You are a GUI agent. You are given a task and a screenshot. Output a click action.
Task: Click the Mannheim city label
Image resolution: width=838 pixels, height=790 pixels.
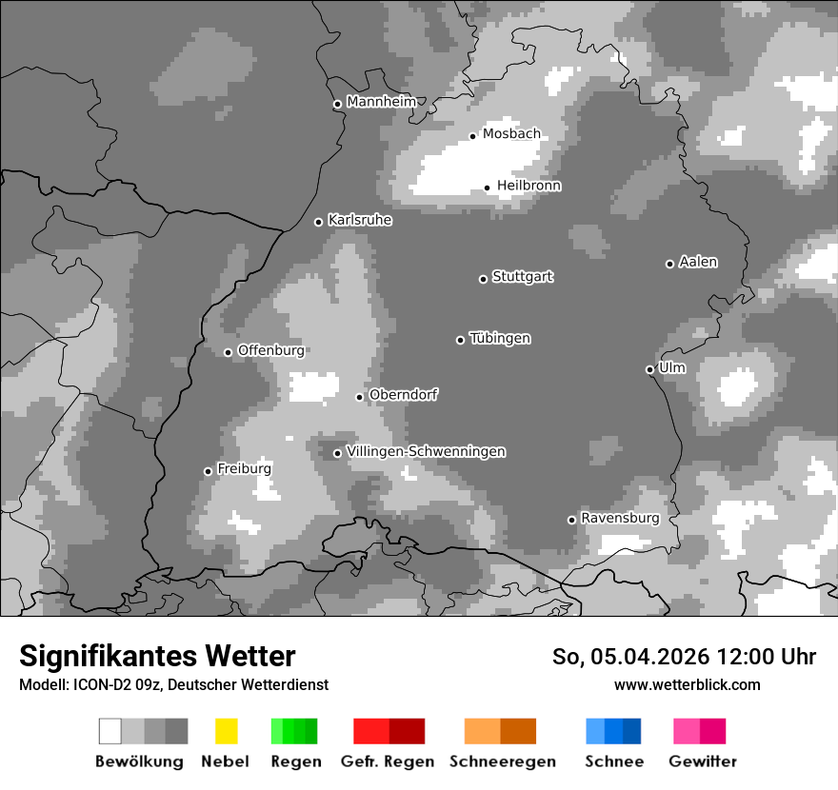tap(381, 102)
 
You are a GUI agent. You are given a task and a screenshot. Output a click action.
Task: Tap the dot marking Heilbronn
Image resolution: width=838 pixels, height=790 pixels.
tap(487, 188)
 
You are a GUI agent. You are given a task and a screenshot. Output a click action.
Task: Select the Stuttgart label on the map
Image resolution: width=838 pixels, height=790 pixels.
tap(523, 277)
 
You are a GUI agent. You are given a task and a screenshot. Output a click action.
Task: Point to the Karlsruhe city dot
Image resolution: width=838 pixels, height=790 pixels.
tap(319, 223)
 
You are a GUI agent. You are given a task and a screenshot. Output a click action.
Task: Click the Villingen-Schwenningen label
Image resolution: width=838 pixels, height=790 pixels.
tap(426, 451)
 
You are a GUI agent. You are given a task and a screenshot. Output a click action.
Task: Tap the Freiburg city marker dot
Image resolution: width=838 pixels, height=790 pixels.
tap(208, 471)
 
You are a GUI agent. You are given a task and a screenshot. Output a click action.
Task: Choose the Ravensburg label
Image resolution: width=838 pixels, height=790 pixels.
tap(620, 518)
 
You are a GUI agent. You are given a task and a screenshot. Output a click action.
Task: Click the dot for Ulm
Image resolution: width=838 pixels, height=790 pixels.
tap(649, 370)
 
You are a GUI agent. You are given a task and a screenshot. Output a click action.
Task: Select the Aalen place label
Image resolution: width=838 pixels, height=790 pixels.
tap(698, 262)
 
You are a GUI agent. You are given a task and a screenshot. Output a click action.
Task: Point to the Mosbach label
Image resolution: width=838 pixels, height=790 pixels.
tap(511, 134)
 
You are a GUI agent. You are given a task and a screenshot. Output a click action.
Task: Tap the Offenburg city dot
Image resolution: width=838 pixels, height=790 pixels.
tap(228, 352)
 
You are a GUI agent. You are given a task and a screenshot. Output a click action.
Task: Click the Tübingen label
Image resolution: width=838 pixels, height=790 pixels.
tap(500, 338)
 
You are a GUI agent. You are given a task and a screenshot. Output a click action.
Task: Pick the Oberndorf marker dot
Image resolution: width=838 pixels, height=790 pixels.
tap(359, 397)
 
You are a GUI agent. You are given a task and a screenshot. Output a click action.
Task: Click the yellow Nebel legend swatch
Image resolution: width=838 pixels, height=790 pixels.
tap(226, 731)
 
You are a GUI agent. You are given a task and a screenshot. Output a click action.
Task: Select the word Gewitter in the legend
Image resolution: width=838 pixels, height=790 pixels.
tap(703, 761)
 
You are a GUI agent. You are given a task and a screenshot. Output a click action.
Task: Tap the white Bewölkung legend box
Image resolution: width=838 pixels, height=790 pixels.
tap(110, 731)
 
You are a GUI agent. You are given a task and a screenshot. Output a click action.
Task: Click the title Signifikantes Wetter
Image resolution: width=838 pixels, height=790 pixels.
tap(157, 656)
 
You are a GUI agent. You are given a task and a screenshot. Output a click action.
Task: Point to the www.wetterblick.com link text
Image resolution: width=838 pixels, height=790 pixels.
tap(687, 684)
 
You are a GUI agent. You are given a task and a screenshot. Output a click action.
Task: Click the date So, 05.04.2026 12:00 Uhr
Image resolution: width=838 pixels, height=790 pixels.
tap(684, 657)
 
